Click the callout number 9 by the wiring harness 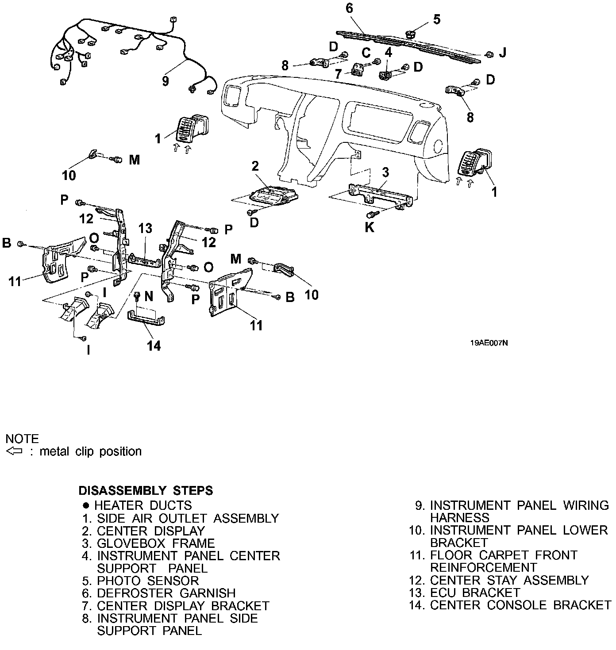[x=166, y=81]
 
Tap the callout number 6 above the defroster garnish [x=350, y=8]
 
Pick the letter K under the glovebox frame [x=369, y=227]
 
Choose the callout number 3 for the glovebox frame [x=385, y=172]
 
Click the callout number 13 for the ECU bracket [x=145, y=228]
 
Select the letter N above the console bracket [x=148, y=296]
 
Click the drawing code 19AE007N [x=489, y=343]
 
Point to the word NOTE [x=22, y=439]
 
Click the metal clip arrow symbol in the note [x=15, y=451]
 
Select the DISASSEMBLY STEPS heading [x=146, y=490]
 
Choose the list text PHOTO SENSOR [x=148, y=581]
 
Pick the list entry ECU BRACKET [x=475, y=593]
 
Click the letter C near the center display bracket [x=366, y=53]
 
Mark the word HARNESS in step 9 [x=460, y=517]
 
